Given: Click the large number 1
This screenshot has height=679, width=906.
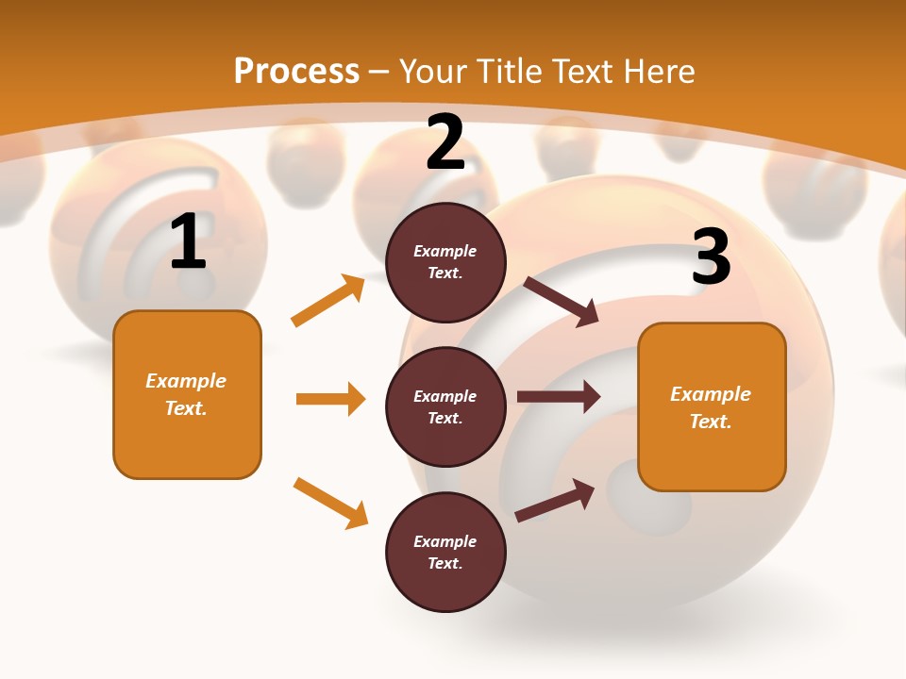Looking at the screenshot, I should (188, 242).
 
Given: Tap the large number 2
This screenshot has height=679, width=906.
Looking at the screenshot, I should (445, 142).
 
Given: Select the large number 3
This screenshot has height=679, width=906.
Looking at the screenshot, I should (711, 257).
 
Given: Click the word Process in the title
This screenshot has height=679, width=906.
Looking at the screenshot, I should (296, 71).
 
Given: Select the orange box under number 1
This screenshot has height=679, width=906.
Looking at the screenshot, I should (187, 394).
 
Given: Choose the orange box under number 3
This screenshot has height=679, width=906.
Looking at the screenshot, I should (712, 406).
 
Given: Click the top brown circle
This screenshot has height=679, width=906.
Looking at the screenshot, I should (445, 262).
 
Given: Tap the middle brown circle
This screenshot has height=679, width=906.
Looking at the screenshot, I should (445, 406).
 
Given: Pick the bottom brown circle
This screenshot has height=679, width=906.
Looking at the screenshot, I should (445, 552).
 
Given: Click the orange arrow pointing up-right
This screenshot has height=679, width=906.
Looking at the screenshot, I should (328, 301).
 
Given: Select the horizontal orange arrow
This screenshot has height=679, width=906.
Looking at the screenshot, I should (330, 399).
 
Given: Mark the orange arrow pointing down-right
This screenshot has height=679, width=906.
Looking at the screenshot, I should (330, 503).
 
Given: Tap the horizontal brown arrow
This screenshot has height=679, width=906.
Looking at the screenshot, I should (558, 397).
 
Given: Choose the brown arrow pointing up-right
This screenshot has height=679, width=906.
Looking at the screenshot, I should (555, 501).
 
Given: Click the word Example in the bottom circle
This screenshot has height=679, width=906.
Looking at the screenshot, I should (445, 541).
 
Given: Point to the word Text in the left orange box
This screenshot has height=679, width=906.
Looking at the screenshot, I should (185, 408).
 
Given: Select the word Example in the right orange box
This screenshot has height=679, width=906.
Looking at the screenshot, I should (711, 394).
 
